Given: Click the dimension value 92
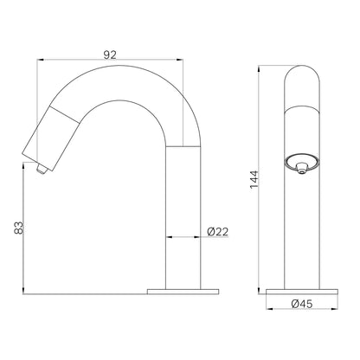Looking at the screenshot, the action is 110,55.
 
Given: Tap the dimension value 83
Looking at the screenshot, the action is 18,228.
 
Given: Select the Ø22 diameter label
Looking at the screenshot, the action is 218,232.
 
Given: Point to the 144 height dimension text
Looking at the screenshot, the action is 254,179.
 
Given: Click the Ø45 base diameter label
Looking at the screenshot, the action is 302,304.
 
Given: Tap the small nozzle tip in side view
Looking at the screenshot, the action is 42,170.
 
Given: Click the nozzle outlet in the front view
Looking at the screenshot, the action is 302,167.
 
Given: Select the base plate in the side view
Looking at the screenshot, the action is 183,292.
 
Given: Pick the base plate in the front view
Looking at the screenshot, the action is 302,292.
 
